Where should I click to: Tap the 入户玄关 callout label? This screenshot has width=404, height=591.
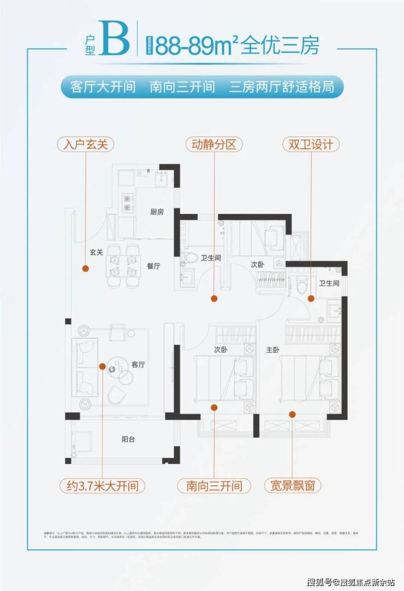point(86,145)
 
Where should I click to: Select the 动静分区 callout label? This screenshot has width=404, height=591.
point(213,145)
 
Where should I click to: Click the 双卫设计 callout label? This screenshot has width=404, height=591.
point(311,145)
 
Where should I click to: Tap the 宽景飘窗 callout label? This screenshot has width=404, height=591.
point(292,485)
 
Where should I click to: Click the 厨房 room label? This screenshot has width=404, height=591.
point(157,212)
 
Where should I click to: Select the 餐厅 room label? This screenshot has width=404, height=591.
point(153,266)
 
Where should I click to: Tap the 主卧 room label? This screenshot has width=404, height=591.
point(272,350)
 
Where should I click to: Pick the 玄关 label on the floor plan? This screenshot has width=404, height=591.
point(97,253)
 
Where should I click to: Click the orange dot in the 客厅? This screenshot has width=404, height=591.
point(102,366)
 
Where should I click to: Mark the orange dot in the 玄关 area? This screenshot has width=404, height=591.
point(85,268)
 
